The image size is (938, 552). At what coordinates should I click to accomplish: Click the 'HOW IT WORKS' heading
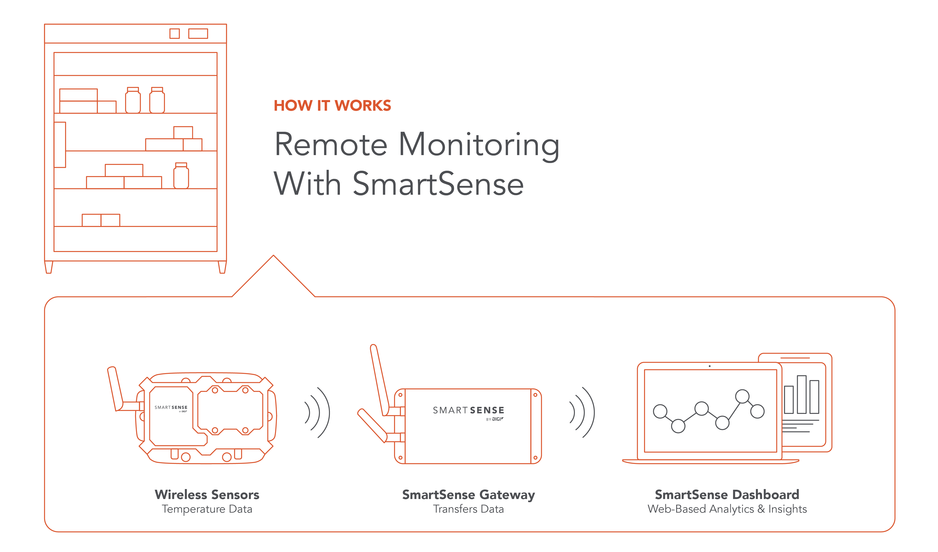click(332, 106)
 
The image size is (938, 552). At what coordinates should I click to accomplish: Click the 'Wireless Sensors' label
click(207, 495)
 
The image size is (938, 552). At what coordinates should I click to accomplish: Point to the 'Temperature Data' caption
click(207, 509)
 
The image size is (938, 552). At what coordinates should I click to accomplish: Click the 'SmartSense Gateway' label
click(468, 495)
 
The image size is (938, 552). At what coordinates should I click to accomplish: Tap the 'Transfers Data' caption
click(468, 509)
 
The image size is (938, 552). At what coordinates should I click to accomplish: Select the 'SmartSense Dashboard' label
click(727, 495)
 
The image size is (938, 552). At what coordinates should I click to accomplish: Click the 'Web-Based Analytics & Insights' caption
click(727, 509)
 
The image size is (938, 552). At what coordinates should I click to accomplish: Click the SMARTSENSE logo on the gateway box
click(468, 410)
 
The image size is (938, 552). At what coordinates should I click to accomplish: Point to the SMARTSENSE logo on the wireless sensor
click(171, 408)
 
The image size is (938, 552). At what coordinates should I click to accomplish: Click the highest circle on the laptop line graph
click(742, 396)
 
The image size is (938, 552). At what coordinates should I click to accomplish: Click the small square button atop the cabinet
click(175, 34)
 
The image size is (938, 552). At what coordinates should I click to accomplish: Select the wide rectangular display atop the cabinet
click(198, 34)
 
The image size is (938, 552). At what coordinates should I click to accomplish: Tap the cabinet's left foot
click(49, 267)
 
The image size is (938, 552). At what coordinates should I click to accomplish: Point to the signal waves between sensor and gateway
click(317, 413)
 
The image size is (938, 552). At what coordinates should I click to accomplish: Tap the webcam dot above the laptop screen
click(709, 366)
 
